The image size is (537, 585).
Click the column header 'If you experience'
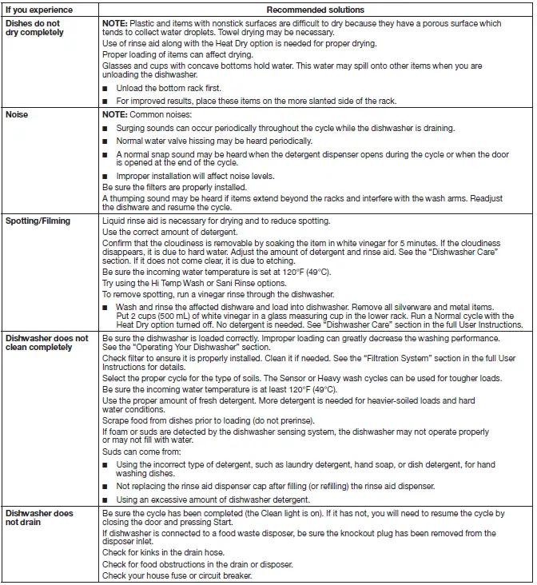38,10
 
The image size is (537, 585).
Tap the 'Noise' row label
17,115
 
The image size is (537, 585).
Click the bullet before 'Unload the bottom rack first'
105,88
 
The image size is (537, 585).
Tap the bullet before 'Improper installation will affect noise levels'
105,177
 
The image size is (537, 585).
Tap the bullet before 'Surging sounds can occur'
105,128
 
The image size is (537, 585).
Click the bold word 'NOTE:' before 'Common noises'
117,115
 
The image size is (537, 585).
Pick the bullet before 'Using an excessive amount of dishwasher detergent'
105,499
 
